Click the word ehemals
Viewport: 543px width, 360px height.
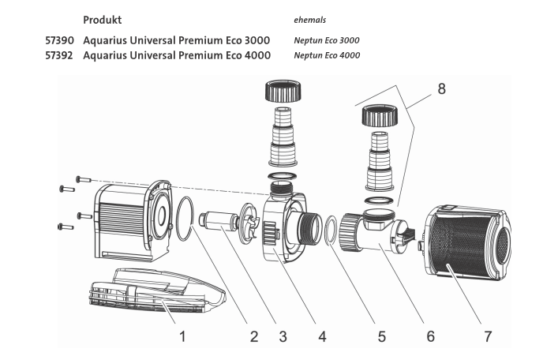coord(309,18)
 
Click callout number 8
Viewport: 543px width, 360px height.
coord(441,88)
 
